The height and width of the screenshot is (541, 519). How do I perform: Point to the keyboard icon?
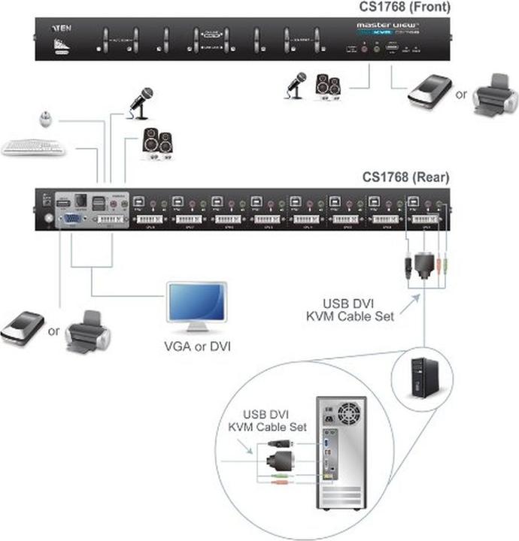coord(33,147)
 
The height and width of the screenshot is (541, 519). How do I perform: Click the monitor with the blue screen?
coord(196,307)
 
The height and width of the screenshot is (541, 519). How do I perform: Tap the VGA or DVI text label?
coord(196,346)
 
